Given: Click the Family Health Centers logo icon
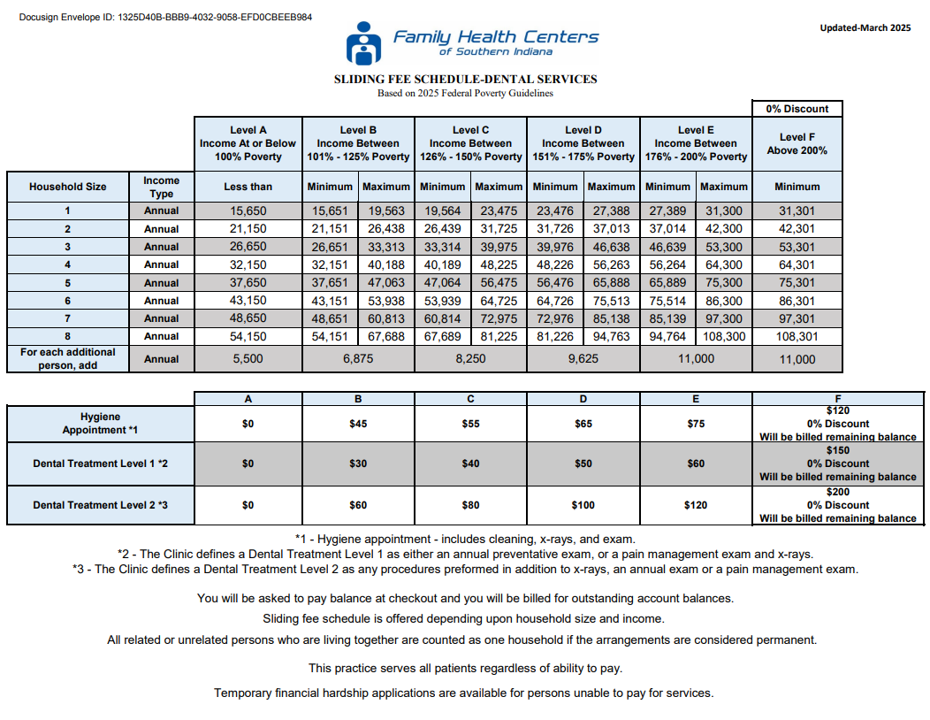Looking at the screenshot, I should coord(363,43).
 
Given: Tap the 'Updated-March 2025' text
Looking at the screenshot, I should coord(865,27).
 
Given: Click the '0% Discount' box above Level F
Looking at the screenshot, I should coord(797,109).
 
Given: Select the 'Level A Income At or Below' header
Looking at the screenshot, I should coord(248,143).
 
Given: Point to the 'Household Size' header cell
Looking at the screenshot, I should coord(67,187).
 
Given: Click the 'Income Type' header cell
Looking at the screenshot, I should coord(161,187).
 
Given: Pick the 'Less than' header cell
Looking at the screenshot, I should coord(248,187).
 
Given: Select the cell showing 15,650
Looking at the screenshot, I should coord(248,211).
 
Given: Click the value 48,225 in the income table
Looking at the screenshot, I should coord(499,264).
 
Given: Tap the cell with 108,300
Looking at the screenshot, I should coord(723,336).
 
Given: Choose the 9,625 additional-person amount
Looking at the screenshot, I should coord(583,359).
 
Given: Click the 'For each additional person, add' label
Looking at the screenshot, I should coord(67,358).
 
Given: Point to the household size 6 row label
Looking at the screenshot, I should coord(67,301).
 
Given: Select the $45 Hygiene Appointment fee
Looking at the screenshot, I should coord(358,424).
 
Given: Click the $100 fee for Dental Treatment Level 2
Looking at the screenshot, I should coord(583,505).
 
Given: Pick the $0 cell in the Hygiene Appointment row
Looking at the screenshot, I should coord(248,424).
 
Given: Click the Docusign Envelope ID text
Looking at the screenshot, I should coord(165,18).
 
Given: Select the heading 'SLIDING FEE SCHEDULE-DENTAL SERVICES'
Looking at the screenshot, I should coord(465,80).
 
